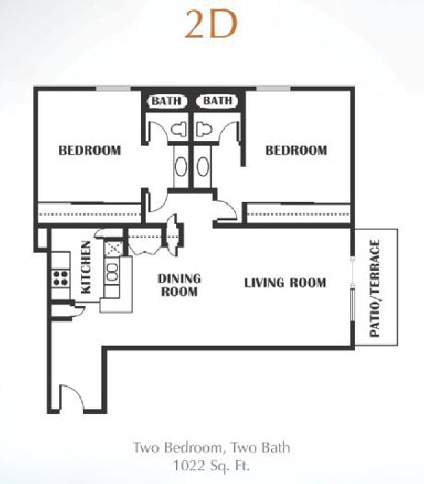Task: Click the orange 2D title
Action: [x=211, y=24]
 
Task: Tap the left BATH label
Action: [x=167, y=100]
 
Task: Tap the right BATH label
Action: [x=218, y=100]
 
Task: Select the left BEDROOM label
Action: [x=89, y=150]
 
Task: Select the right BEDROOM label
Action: [x=296, y=150]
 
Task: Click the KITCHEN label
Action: [x=86, y=267]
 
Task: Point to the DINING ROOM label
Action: [x=180, y=285]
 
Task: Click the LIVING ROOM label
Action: [x=285, y=283]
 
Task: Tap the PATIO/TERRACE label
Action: [x=374, y=289]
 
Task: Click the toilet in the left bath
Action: [x=180, y=129]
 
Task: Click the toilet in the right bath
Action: [x=204, y=129]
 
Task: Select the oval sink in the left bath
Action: [x=181, y=166]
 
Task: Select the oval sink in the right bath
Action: [x=203, y=166]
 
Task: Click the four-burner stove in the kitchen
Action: [x=61, y=277]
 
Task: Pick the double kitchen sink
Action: [x=112, y=272]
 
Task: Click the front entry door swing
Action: [x=71, y=397]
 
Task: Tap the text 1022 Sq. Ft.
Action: [x=211, y=466]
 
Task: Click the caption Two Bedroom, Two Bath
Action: [x=211, y=447]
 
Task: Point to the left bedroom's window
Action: [x=113, y=89]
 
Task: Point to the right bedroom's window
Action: [x=274, y=89]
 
